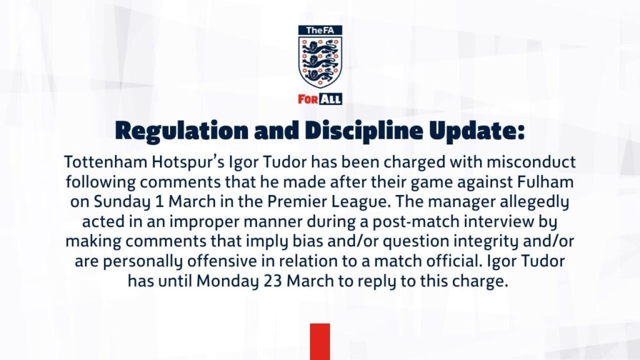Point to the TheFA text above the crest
click(320, 31)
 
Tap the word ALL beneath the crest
click(331, 99)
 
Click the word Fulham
click(542, 182)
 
